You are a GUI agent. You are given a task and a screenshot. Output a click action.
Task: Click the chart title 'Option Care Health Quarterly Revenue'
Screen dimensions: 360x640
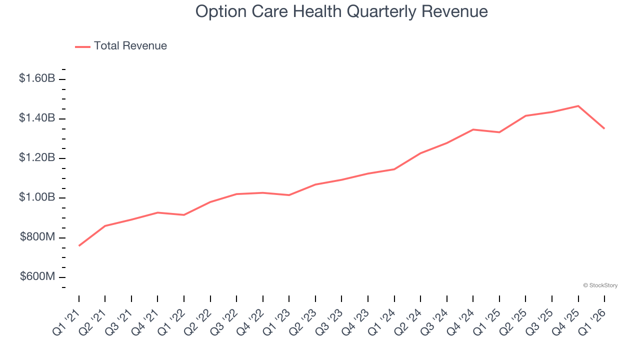(x=341, y=11)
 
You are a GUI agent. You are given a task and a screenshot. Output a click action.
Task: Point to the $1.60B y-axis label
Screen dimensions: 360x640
(x=37, y=78)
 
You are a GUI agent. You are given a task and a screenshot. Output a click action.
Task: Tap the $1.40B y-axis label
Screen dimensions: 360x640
(x=37, y=118)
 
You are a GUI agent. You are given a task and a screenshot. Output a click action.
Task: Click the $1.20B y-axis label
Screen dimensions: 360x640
(x=37, y=158)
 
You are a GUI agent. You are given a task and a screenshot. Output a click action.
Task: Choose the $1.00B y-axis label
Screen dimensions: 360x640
(x=37, y=197)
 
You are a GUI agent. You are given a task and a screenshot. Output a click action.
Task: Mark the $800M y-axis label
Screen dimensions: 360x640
(x=37, y=237)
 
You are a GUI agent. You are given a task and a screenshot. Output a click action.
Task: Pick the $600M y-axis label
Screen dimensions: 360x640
(x=37, y=277)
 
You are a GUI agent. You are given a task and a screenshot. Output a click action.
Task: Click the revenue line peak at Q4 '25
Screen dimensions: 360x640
(x=578, y=106)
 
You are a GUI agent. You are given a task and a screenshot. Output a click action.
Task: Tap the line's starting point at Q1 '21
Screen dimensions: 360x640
(x=79, y=245)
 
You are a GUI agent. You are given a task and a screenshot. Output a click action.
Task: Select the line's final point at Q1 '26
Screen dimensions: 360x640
(x=604, y=128)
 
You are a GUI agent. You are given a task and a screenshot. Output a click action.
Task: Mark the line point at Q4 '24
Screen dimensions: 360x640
(x=473, y=129)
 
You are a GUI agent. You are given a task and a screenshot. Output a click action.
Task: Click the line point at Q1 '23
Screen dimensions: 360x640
(x=289, y=195)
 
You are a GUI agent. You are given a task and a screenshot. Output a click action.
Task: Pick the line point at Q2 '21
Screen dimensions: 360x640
(x=105, y=226)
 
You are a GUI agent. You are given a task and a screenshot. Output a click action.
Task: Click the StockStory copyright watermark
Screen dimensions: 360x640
(x=600, y=285)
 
